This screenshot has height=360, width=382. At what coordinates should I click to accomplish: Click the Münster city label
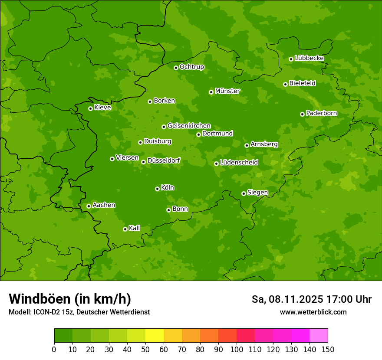227,91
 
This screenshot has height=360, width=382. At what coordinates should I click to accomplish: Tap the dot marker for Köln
157,189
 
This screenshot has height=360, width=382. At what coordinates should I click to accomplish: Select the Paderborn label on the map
322,113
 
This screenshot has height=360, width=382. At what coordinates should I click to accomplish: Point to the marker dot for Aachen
89,206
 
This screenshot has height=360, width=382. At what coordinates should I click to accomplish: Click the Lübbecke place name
310,58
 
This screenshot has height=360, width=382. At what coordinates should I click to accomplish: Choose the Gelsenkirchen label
189,126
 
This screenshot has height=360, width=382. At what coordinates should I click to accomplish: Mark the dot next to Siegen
244,193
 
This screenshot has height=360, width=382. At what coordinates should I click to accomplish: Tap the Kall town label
135,228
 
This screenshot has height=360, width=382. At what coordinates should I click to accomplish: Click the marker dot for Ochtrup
176,68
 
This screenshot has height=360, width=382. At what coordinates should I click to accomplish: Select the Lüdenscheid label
239,163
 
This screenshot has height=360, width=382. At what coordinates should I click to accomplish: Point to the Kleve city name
102,108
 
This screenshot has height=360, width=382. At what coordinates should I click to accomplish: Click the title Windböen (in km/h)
70,299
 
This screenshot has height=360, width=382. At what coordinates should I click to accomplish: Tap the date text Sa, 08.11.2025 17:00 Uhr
312,299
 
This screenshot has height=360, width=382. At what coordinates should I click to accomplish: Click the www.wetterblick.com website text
313,312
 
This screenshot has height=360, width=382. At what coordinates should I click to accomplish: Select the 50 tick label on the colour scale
145,349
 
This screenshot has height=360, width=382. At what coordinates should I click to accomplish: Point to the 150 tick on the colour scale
328,349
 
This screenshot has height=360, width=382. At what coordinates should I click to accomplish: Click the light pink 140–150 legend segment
319,336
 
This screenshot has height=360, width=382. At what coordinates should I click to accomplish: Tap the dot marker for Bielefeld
285,84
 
